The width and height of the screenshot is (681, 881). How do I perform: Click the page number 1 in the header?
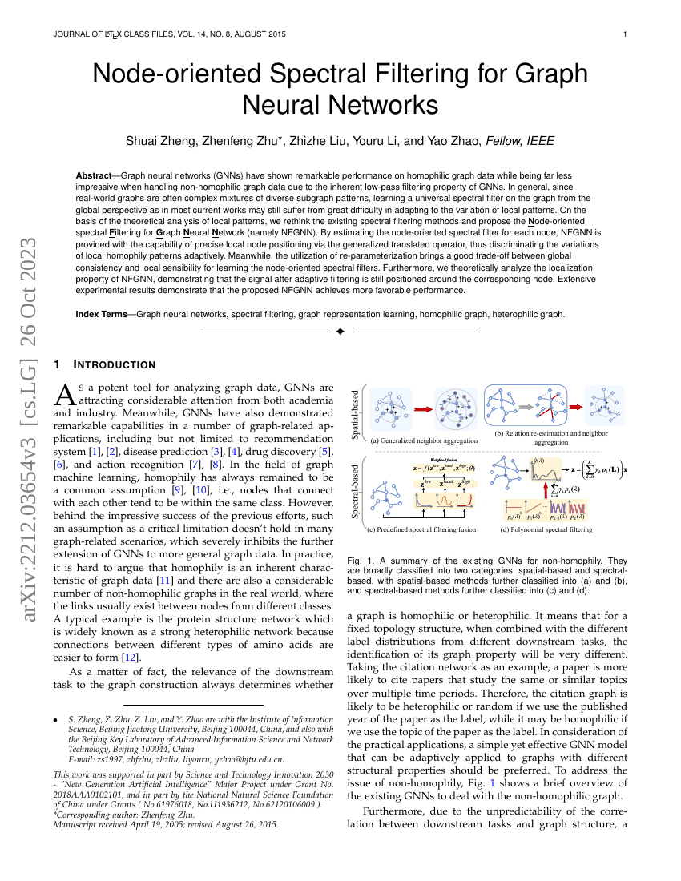click(x=624, y=34)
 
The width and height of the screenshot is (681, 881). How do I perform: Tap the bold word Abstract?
click(x=94, y=175)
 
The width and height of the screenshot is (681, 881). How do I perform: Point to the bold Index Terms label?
click(x=102, y=315)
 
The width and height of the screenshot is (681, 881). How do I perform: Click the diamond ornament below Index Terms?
click(x=340, y=332)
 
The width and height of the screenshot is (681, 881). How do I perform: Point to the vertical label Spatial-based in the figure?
click(x=355, y=414)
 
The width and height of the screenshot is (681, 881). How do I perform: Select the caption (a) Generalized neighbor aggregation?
click(x=424, y=440)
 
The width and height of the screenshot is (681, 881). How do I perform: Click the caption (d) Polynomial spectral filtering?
click(x=546, y=530)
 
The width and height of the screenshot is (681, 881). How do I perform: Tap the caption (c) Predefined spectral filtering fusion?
click(x=421, y=530)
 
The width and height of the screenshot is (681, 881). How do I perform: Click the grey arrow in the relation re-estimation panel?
click(x=524, y=407)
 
